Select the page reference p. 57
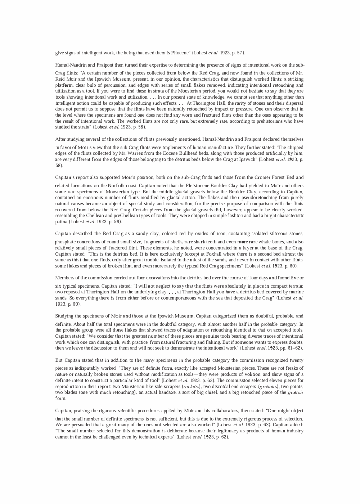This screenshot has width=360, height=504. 239,53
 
